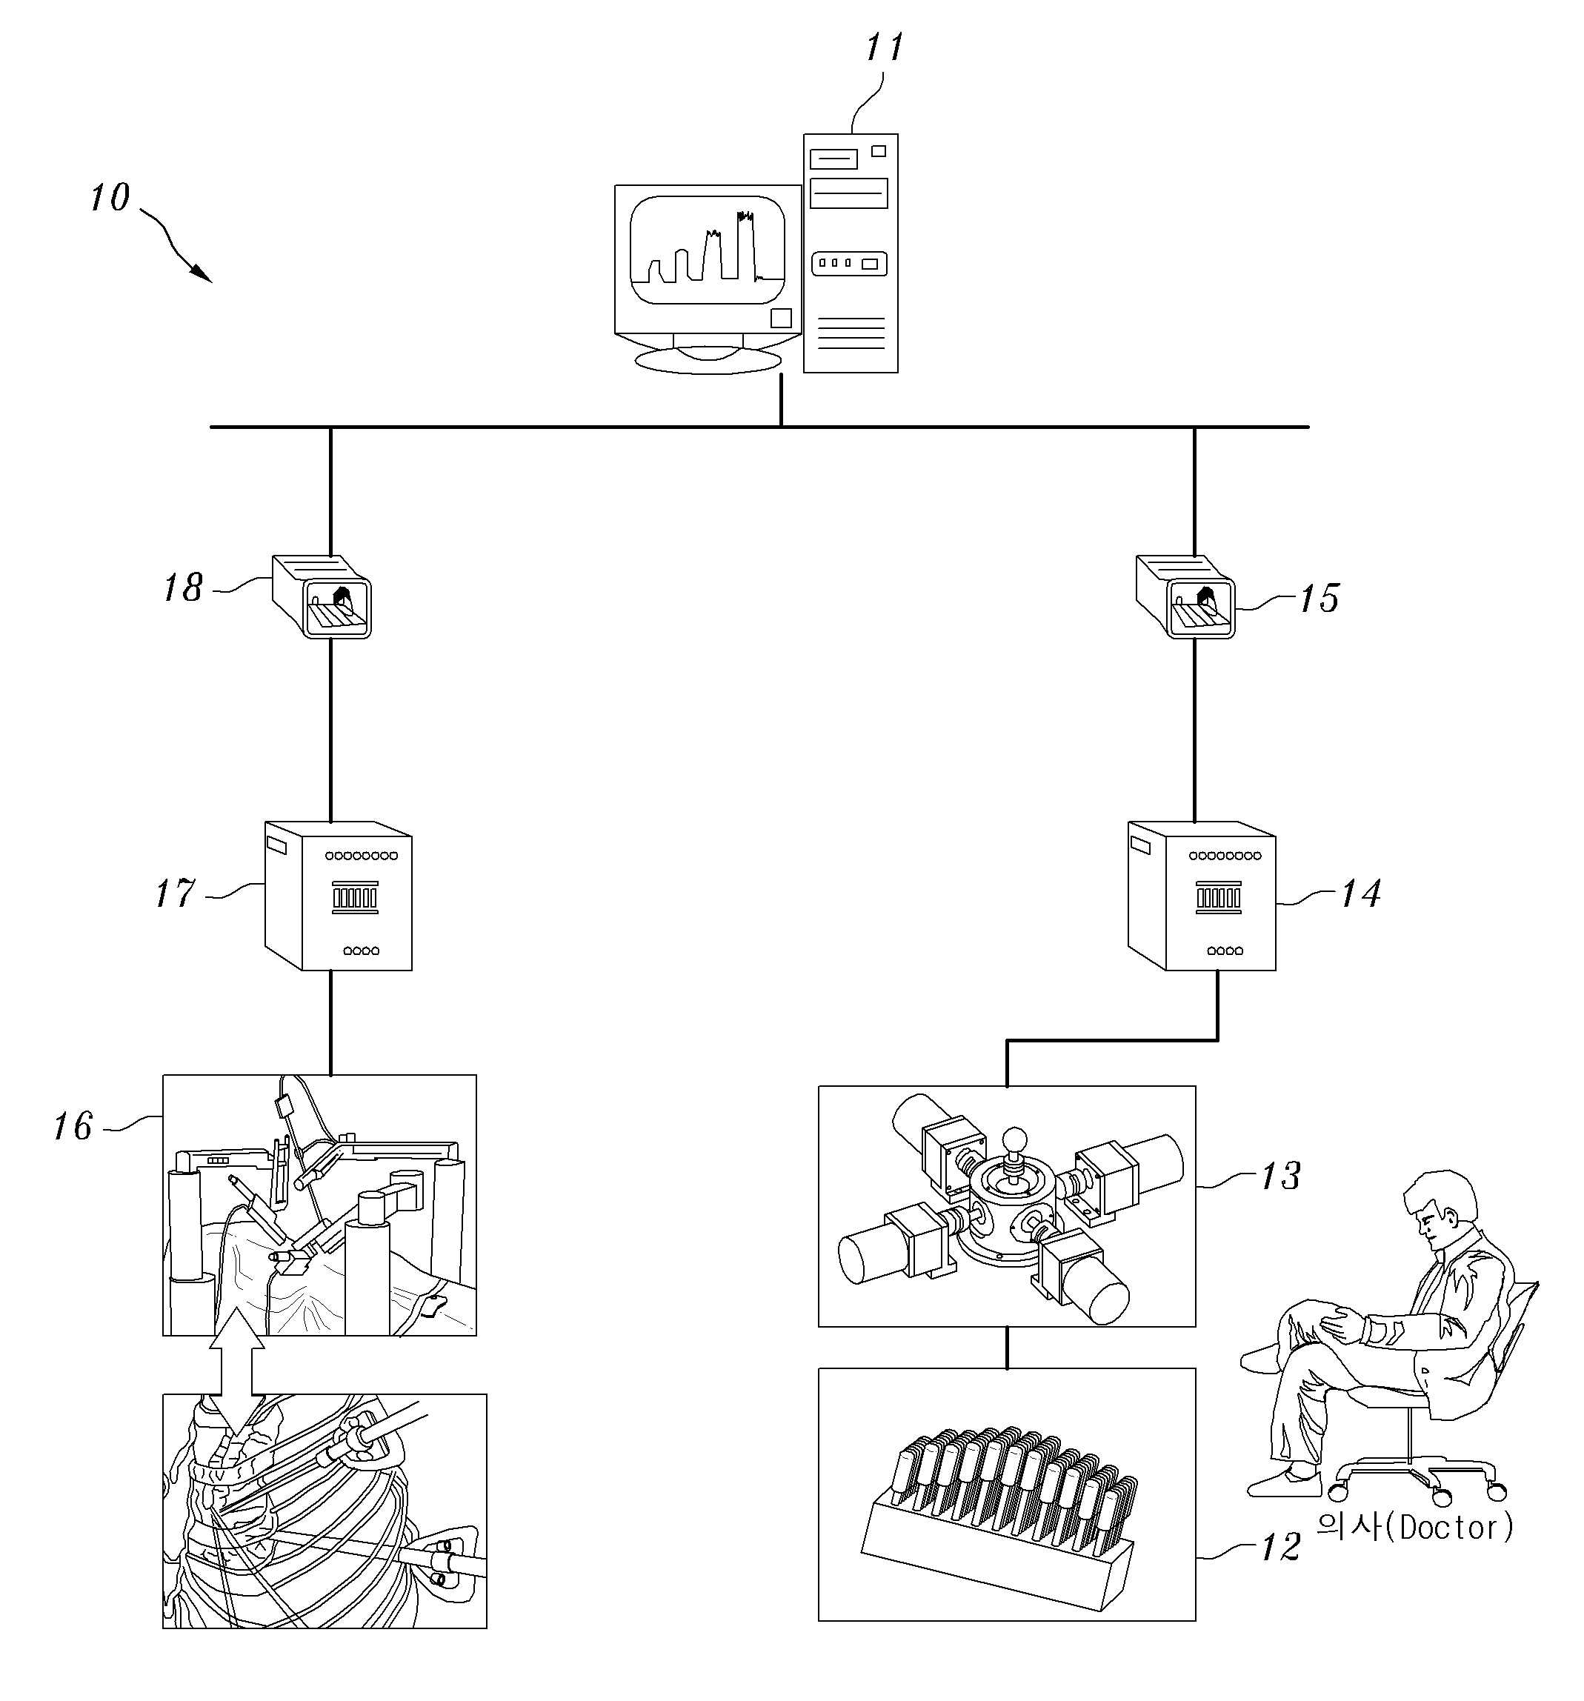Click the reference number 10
(110, 198)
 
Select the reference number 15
(1319, 598)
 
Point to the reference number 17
(176, 893)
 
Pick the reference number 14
(1360, 893)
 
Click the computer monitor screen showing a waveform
(708, 250)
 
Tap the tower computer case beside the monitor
(851, 253)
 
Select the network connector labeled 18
(322, 596)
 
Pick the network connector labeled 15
(1185, 596)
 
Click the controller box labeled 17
(339, 896)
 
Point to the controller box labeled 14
(1202, 896)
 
